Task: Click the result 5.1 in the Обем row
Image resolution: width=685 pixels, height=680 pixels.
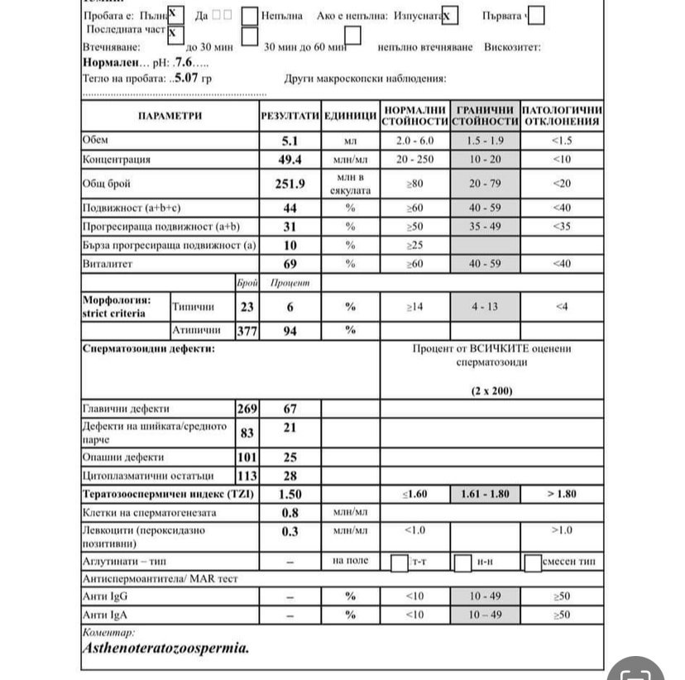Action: click(290, 141)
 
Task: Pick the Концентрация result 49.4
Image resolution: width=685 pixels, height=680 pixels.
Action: click(290, 159)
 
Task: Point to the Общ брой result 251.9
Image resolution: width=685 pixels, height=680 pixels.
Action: click(290, 184)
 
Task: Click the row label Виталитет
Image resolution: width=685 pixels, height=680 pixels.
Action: click(108, 264)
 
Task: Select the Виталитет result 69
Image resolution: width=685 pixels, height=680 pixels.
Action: click(290, 264)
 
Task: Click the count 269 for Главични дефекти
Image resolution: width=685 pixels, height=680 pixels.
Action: click(247, 409)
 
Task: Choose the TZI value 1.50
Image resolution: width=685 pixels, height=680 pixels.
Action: click(290, 494)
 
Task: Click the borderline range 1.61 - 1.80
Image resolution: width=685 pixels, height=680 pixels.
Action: click(485, 494)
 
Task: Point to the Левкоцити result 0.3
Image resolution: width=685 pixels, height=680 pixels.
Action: click(290, 531)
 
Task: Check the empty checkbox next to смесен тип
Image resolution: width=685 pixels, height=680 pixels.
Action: click(533, 563)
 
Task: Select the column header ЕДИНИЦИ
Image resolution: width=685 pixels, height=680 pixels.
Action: click(350, 117)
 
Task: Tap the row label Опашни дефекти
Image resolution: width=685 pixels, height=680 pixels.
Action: click(123, 457)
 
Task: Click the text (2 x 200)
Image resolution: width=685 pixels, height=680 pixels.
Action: click(491, 389)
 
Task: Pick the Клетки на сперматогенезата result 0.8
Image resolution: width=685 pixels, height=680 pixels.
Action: click(290, 512)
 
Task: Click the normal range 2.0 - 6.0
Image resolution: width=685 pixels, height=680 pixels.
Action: click(414, 141)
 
